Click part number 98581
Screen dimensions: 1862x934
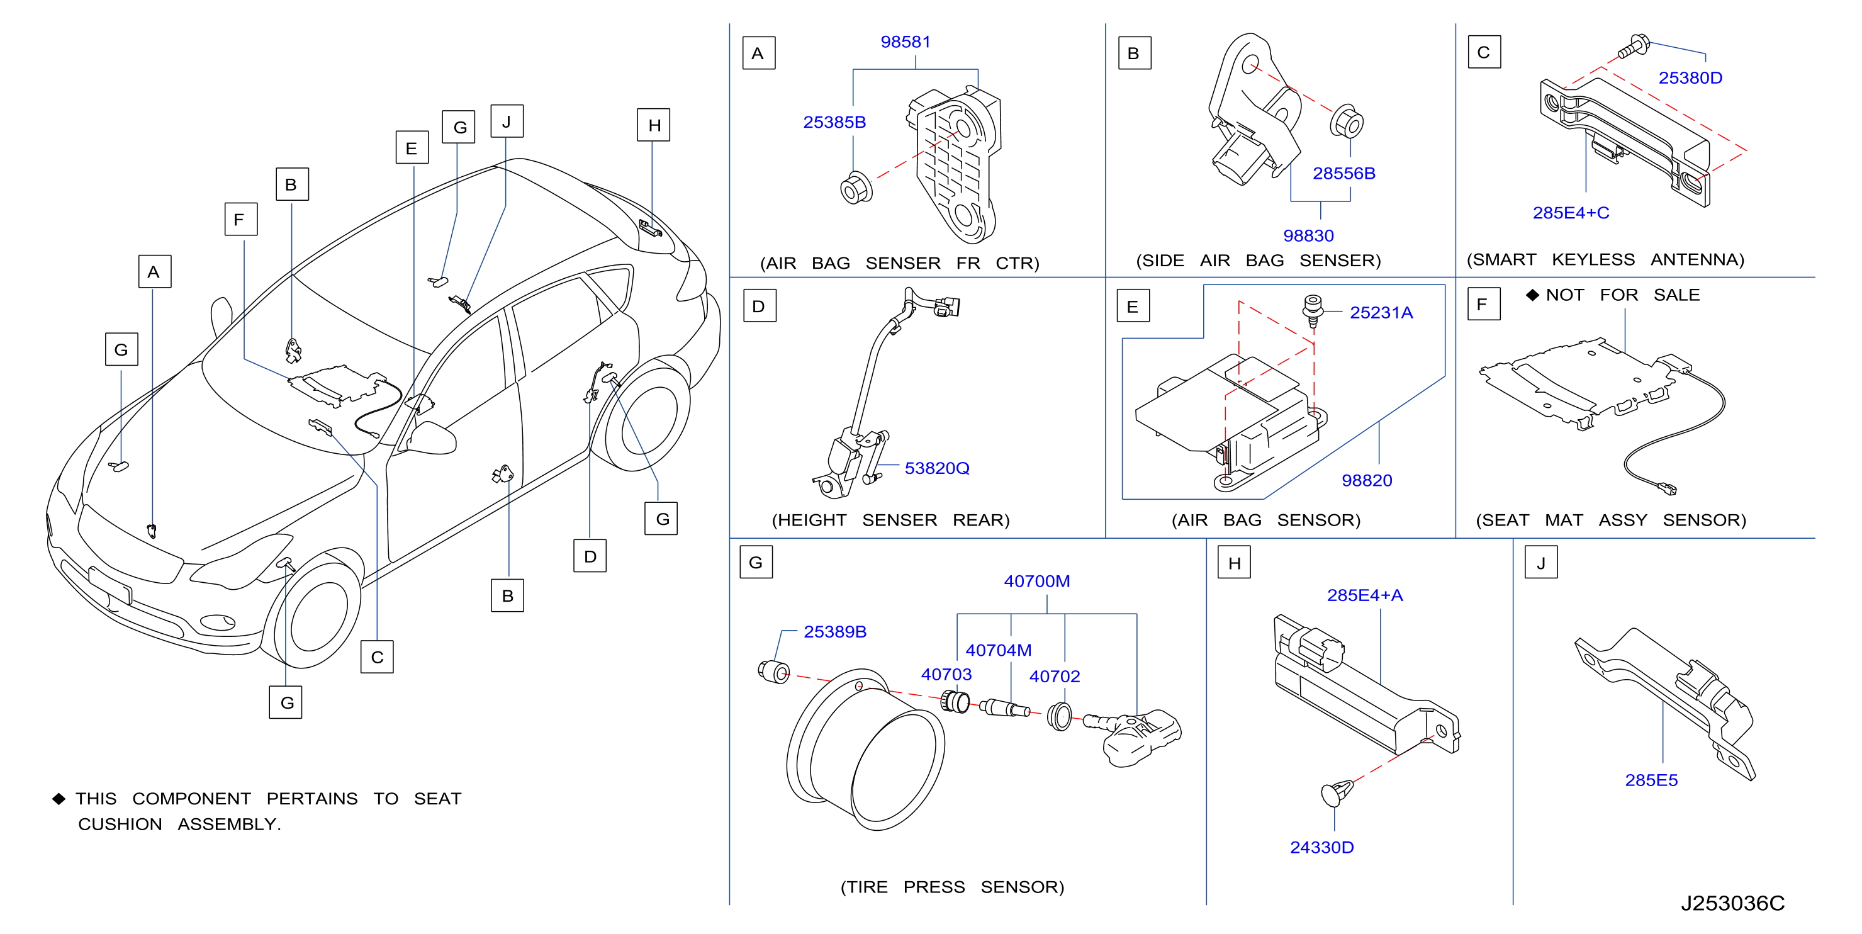[x=905, y=42]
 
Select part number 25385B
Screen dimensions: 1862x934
[x=834, y=122]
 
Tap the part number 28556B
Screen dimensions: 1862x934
[x=1343, y=174]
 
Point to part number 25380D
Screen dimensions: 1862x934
[x=1690, y=77]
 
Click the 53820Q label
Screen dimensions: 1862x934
[x=937, y=468]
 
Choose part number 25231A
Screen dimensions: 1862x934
[x=1381, y=312]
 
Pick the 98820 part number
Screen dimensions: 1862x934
[x=1366, y=481]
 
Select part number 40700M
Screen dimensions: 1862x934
[x=1036, y=581]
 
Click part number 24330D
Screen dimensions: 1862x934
[x=1321, y=847]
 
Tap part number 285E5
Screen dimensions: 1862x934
[x=1651, y=780]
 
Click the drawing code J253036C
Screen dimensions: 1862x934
[x=1732, y=903]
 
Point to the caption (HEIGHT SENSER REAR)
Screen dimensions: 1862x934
[x=890, y=520]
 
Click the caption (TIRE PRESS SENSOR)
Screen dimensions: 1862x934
[x=952, y=887]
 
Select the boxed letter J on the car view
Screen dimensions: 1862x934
[x=507, y=121]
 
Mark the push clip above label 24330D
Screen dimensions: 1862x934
[x=1337, y=792]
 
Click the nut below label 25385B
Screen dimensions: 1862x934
[x=856, y=188]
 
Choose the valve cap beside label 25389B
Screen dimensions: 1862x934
[x=774, y=672]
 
